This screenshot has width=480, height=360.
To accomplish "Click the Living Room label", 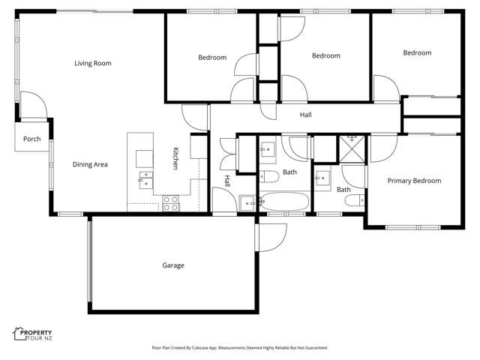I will click(92, 64).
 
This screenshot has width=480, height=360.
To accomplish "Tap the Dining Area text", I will click(91, 164).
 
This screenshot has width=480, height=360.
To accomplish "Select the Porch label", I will click(31, 139).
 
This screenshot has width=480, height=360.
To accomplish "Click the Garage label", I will click(173, 265).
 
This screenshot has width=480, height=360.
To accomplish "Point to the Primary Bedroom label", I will click(414, 181).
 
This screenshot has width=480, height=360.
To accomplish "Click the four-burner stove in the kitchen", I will click(171, 202).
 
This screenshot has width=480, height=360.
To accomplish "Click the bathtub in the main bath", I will click(283, 202).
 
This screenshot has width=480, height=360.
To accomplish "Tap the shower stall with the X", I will click(349, 148).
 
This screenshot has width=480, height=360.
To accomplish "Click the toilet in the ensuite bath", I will click(361, 199).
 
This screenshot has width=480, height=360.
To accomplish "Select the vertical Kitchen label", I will click(176, 157).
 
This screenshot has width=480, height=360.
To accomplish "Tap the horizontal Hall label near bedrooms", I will click(305, 115).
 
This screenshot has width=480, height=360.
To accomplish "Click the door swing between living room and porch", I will click(33, 106).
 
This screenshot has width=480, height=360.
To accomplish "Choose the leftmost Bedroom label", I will click(212, 58).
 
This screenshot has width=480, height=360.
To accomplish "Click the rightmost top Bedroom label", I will click(417, 53).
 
